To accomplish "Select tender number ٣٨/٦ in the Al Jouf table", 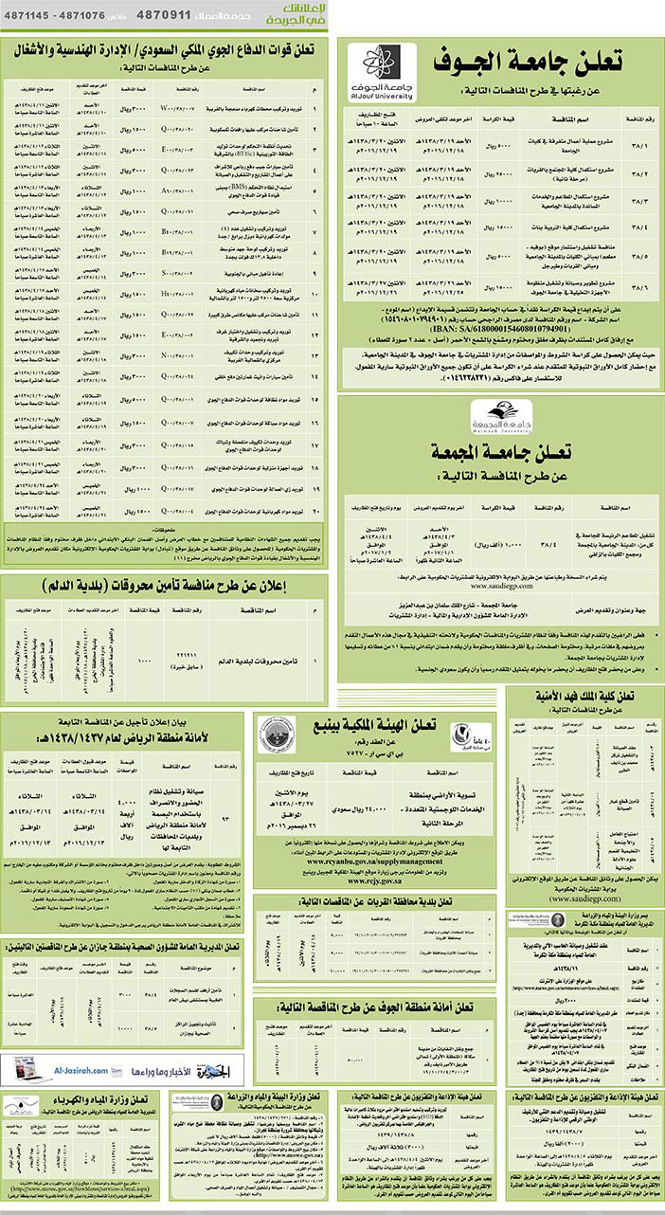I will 638,281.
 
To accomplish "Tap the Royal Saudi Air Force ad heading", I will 167,48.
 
